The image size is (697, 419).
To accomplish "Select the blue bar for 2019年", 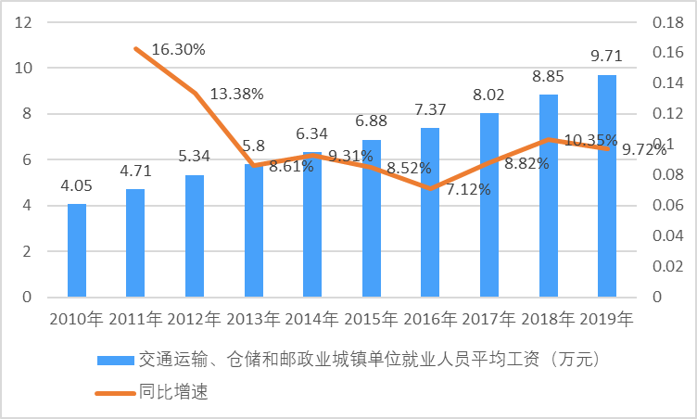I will [x=606, y=185].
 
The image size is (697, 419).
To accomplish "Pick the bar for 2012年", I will [x=195, y=236].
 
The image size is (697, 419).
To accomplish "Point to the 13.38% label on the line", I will [x=236, y=94].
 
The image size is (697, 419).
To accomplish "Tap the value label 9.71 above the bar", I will [x=606, y=57].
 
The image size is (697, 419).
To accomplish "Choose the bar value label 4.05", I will [x=77, y=186].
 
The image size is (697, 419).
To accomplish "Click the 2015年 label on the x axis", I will [x=372, y=320].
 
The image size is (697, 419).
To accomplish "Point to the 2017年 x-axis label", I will [x=488, y=320].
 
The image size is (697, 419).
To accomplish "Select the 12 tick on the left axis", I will [x=25, y=22].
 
